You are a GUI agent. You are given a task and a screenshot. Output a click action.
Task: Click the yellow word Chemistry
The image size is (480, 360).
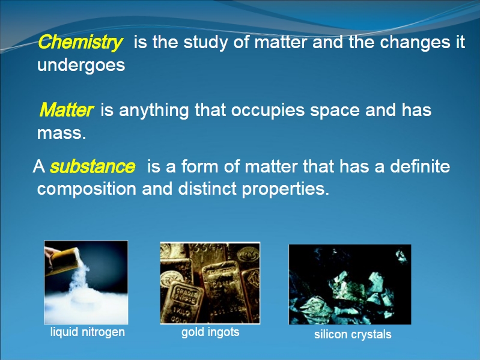(x=81, y=42)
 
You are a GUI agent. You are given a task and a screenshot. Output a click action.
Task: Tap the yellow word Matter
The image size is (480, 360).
(x=67, y=109)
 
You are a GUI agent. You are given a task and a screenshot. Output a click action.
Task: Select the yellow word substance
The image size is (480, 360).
(x=93, y=166)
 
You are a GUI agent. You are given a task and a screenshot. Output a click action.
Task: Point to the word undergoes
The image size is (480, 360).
(x=81, y=66)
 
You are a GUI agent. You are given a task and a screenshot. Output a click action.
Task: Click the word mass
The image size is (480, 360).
(x=61, y=133)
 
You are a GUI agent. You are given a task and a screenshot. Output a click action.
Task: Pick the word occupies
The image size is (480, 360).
(x=267, y=111)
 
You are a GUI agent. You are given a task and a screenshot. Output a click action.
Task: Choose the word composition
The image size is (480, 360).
(x=87, y=189)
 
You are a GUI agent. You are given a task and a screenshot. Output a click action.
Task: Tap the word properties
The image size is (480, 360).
(x=285, y=189)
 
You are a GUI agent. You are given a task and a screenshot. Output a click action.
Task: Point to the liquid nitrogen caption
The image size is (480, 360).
(x=88, y=332)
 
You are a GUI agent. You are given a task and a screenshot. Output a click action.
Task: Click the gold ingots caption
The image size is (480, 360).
(x=210, y=332)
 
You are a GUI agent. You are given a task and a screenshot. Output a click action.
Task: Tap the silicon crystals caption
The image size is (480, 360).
(x=353, y=334)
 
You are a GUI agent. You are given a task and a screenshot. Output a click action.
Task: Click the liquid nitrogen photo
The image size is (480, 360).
(x=86, y=282)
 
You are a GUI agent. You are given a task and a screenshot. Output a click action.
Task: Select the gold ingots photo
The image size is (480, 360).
(x=210, y=283)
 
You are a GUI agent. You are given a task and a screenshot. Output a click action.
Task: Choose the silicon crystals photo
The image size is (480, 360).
(x=350, y=284)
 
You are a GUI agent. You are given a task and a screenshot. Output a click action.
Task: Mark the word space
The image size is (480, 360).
(x=335, y=111)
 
